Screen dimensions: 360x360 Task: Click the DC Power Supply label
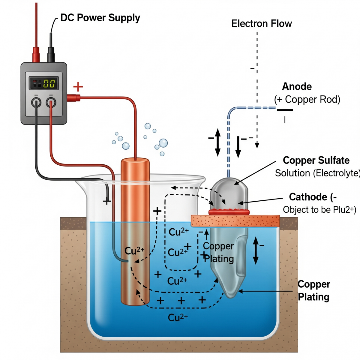100,18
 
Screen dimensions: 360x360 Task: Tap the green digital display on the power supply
49,83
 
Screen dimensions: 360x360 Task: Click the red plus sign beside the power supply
78,87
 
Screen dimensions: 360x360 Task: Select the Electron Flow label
262,24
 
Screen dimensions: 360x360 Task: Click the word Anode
297,87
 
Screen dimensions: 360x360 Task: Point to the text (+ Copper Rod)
307,100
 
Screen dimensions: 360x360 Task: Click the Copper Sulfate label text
316,160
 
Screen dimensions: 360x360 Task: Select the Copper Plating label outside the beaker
313,290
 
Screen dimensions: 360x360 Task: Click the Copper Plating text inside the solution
218,252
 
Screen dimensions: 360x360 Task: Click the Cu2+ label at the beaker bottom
178,317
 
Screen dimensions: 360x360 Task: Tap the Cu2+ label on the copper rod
134,251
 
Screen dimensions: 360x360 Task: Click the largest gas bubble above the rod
163,143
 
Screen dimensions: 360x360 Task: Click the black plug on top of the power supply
51,54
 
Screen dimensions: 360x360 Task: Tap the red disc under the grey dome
229,212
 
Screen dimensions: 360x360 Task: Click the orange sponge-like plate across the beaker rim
235,221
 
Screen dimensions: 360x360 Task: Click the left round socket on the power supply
36,103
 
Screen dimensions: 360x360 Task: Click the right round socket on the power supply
51,103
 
